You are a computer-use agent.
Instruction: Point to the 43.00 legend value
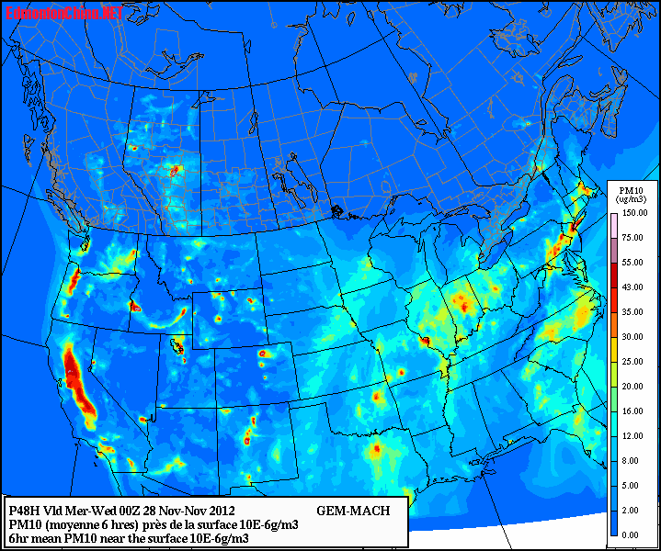(633, 287)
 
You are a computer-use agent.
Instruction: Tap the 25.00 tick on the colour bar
(633, 361)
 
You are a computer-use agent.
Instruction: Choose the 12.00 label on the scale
(633, 436)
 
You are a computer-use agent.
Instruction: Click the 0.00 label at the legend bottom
(631, 534)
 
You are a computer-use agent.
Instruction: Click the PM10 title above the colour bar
(631, 187)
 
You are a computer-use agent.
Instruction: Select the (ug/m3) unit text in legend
(631, 198)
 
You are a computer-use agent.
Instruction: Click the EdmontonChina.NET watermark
(63, 13)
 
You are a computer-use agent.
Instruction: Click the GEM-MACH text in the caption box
(353, 511)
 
